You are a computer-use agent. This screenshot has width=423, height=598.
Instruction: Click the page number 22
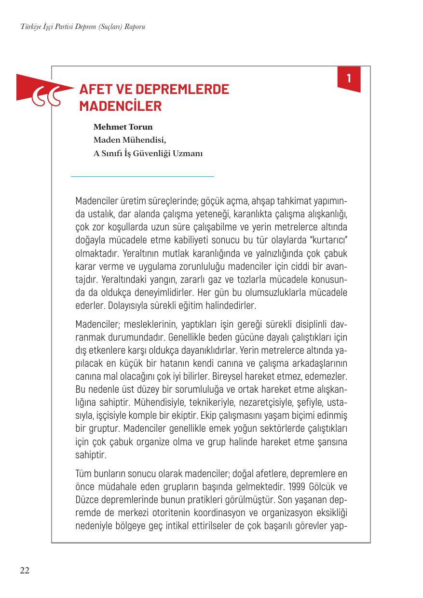coord(25,571)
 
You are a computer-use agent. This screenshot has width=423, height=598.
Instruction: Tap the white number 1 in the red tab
coord(349,78)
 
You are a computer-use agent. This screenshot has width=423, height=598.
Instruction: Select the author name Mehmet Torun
coord(123,127)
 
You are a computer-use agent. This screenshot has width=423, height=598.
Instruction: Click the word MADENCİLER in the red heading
coord(120,106)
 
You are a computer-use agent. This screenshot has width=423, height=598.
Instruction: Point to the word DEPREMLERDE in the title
coord(182,89)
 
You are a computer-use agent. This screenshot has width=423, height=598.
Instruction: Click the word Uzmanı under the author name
coord(188,154)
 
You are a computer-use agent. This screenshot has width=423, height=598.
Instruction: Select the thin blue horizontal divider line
coord(142,177)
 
